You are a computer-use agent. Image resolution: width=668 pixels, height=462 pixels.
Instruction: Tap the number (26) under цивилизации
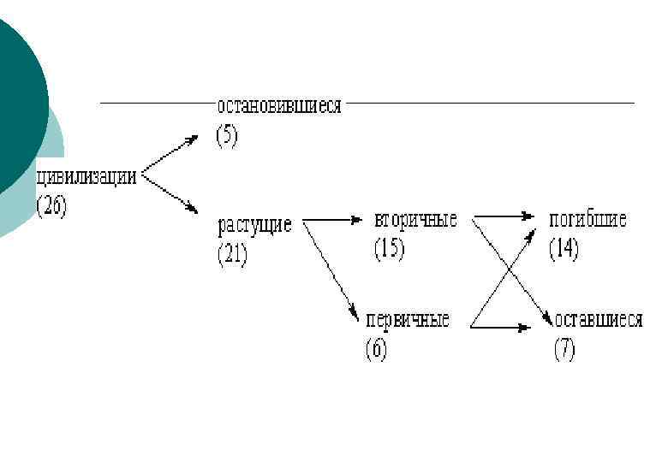[51, 207]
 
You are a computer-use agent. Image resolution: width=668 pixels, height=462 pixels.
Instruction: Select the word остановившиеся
[279, 107]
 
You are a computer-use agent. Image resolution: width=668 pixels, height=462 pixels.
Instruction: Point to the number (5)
[227, 137]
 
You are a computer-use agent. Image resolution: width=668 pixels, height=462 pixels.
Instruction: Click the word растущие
[254, 228]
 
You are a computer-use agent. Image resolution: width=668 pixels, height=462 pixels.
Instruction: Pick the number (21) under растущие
[232, 255]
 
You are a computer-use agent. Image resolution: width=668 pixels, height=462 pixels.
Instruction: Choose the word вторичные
[415, 219]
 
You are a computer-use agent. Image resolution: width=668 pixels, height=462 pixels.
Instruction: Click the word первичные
[408, 321]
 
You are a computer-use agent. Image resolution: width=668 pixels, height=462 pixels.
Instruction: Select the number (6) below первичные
[376, 349]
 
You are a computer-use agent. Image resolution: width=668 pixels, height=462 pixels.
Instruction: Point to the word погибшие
[587, 219]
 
